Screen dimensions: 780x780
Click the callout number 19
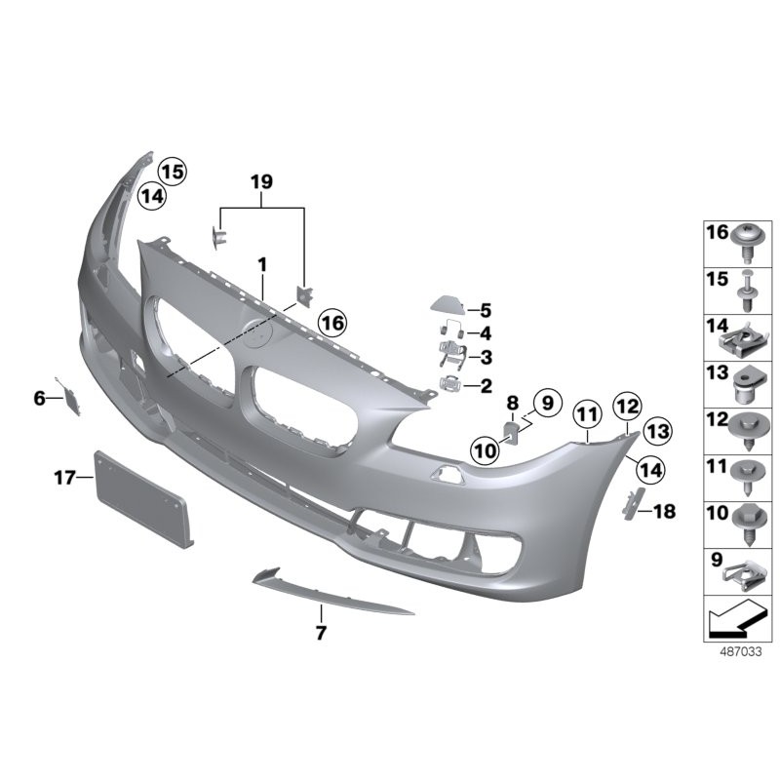(x=261, y=182)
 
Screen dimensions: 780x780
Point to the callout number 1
(x=261, y=263)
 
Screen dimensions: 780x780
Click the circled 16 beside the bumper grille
(x=331, y=322)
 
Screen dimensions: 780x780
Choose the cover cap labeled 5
(x=450, y=305)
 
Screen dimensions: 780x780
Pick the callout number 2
(x=485, y=385)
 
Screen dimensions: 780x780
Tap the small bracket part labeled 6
(x=71, y=398)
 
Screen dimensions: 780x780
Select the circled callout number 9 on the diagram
(x=544, y=401)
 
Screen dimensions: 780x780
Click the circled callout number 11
(x=586, y=415)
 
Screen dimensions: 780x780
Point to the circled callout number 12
(x=626, y=404)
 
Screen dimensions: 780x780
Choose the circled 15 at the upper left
(x=172, y=172)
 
